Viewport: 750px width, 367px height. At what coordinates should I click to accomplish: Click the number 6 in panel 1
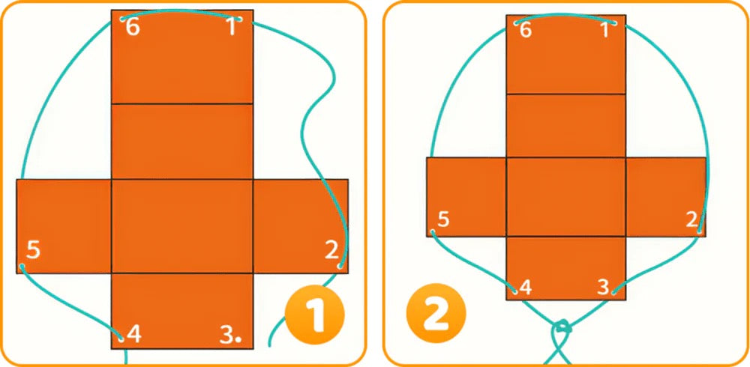(x=133, y=28)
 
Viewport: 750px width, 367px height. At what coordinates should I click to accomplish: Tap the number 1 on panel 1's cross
(x=232, y=27)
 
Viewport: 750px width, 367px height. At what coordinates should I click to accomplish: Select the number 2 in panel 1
(x=331, y=250)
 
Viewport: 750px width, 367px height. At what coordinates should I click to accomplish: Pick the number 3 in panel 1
(x=226, y=335)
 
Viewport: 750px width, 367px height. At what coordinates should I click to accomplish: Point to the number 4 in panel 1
(x=134, y=335)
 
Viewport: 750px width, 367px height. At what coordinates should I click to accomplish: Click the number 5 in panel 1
(x=32, y=250)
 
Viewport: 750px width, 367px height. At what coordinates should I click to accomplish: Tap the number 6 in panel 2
(x=525, y=31)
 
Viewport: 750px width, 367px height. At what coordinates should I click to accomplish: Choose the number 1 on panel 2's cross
(x=604, y=31)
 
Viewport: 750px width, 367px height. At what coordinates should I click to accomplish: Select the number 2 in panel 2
(x=691, y=219)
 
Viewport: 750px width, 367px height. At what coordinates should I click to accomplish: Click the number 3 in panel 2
(x=604, y=287)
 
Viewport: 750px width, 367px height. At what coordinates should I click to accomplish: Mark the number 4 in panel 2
(x=525, y=287)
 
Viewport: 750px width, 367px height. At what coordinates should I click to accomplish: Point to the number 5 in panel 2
(x=443, y=219)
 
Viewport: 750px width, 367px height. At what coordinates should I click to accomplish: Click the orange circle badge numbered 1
(x=314, y=315)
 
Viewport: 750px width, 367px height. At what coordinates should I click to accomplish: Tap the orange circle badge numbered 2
(x=436, y=315)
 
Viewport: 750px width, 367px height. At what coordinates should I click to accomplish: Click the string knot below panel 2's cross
(x=562, y=328)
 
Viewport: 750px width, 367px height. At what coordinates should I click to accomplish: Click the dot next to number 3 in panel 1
(x=238, y=340)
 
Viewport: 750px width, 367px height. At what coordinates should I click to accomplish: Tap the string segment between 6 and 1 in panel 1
(x=181, y=11)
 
